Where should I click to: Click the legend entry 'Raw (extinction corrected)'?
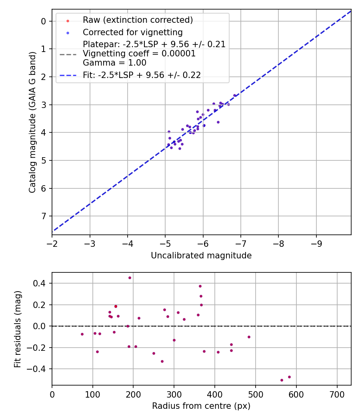pos(138,20)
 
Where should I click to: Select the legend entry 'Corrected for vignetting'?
pos(132,32)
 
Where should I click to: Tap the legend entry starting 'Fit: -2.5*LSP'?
pos(142,75)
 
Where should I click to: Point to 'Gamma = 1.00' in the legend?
pos(114,63)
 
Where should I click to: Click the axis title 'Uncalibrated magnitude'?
pos(201,256)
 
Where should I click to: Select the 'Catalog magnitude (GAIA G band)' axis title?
pos(33,122)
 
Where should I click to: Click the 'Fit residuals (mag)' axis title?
pos(18,329)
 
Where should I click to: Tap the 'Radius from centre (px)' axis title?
pos(201,406)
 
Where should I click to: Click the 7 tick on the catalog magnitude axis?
pos(44,216)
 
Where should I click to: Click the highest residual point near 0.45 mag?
pos(130,278)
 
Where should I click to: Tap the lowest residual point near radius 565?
pos(282,380)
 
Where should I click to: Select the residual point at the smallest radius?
pos(82,334)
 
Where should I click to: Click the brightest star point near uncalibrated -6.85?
pos(235,96)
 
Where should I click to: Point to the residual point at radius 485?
pos(249,337)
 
